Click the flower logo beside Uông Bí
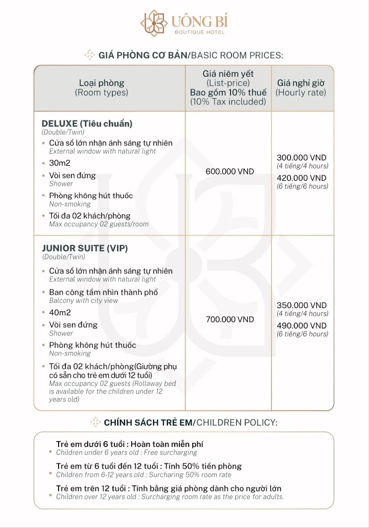(x=154, y=23)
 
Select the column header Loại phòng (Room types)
(x=101, y=88)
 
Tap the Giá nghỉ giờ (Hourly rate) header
(x=301, y=88)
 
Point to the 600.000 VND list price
(x=229, y=172)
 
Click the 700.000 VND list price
(x=229, y=320)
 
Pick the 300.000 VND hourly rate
(x=301, y=158)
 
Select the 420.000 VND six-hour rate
(x=301, y=178)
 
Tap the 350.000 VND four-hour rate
(x=301, y=305)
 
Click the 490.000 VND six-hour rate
(x=301, y=326)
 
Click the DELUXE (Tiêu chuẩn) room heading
(x=87, y=124)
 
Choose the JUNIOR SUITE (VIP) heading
(x=84, y=248)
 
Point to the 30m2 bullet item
(x=60, y=163)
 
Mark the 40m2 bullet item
(x=60, y=313)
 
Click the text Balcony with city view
(x=83, y=301)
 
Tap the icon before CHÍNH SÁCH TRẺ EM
(x=95, y=422)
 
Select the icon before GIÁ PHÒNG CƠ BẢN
(x=90, y=55)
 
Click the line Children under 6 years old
(x=126, y=452)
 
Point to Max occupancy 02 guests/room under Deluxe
(x=99, y=224)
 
